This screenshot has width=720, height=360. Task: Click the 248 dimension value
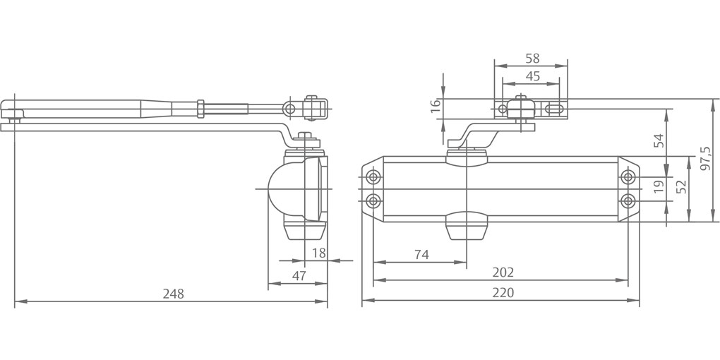[x=173, y=294]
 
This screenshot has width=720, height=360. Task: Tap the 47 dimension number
[x=299, y=276]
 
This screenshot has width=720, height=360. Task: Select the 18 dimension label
[x=318, y=253]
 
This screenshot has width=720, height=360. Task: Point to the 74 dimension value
[x=421, y=255]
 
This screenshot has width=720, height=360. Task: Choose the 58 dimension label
[x=532, y=59]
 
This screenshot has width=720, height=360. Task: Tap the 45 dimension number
[x=532, y=76]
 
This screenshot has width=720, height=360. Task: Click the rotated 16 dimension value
[x=436, y=106]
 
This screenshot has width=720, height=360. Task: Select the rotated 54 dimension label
[x=659, y=140]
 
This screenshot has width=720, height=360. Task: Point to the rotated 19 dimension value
[x=659, y=186]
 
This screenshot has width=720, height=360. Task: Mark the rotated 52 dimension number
[x=681, y=186]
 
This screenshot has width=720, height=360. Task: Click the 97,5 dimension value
[x=705, y=159]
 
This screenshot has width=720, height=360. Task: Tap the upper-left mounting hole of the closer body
[x=374, y=177]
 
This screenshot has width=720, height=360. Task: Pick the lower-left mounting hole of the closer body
[x=374, y=200]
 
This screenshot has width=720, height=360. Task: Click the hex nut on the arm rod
[x=200, y=109]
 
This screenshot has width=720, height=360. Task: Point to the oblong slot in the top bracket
[x=554, y=109]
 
